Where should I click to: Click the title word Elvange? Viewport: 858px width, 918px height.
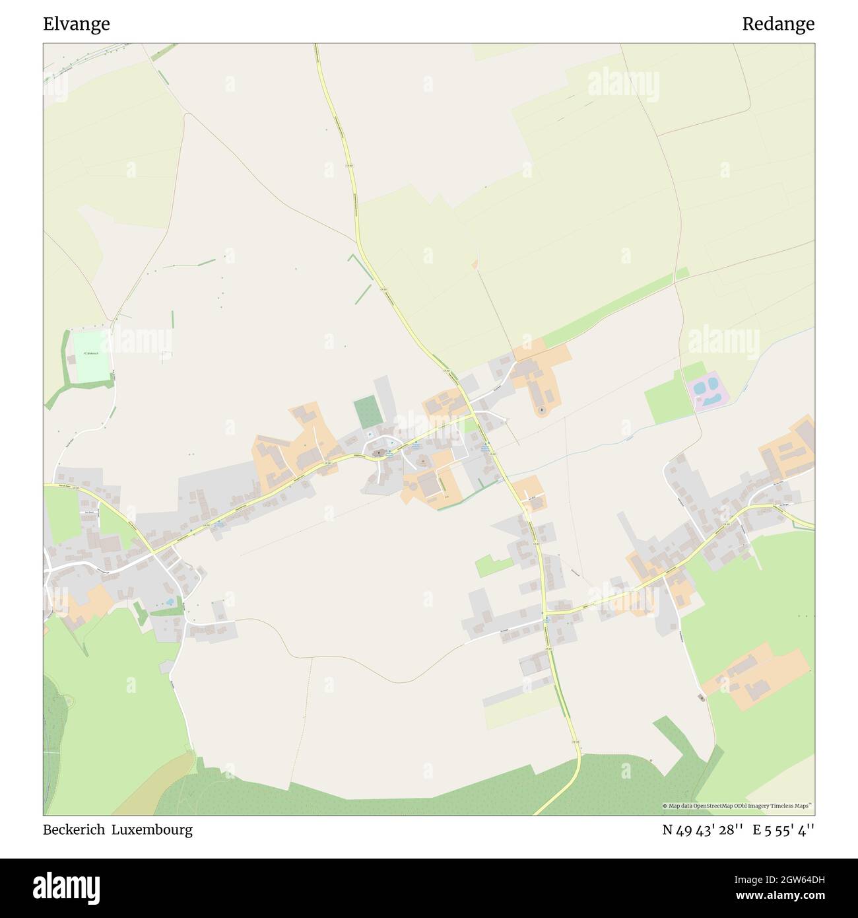[x=77, y=24]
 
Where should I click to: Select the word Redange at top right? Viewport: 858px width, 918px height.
[x=777, y=24]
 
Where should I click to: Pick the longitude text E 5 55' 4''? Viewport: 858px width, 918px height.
[x=787, y=830]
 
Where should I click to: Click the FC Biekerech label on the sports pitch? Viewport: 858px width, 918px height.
[x=91, y=354]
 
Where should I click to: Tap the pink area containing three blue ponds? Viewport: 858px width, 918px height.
[x=708, y=392]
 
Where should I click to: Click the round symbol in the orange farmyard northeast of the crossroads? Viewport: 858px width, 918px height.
[x=542, y=410]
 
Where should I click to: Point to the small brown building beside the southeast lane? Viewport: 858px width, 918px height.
[x=701, y=697]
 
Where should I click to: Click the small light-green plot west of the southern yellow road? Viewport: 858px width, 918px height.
[x=494, y=565]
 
